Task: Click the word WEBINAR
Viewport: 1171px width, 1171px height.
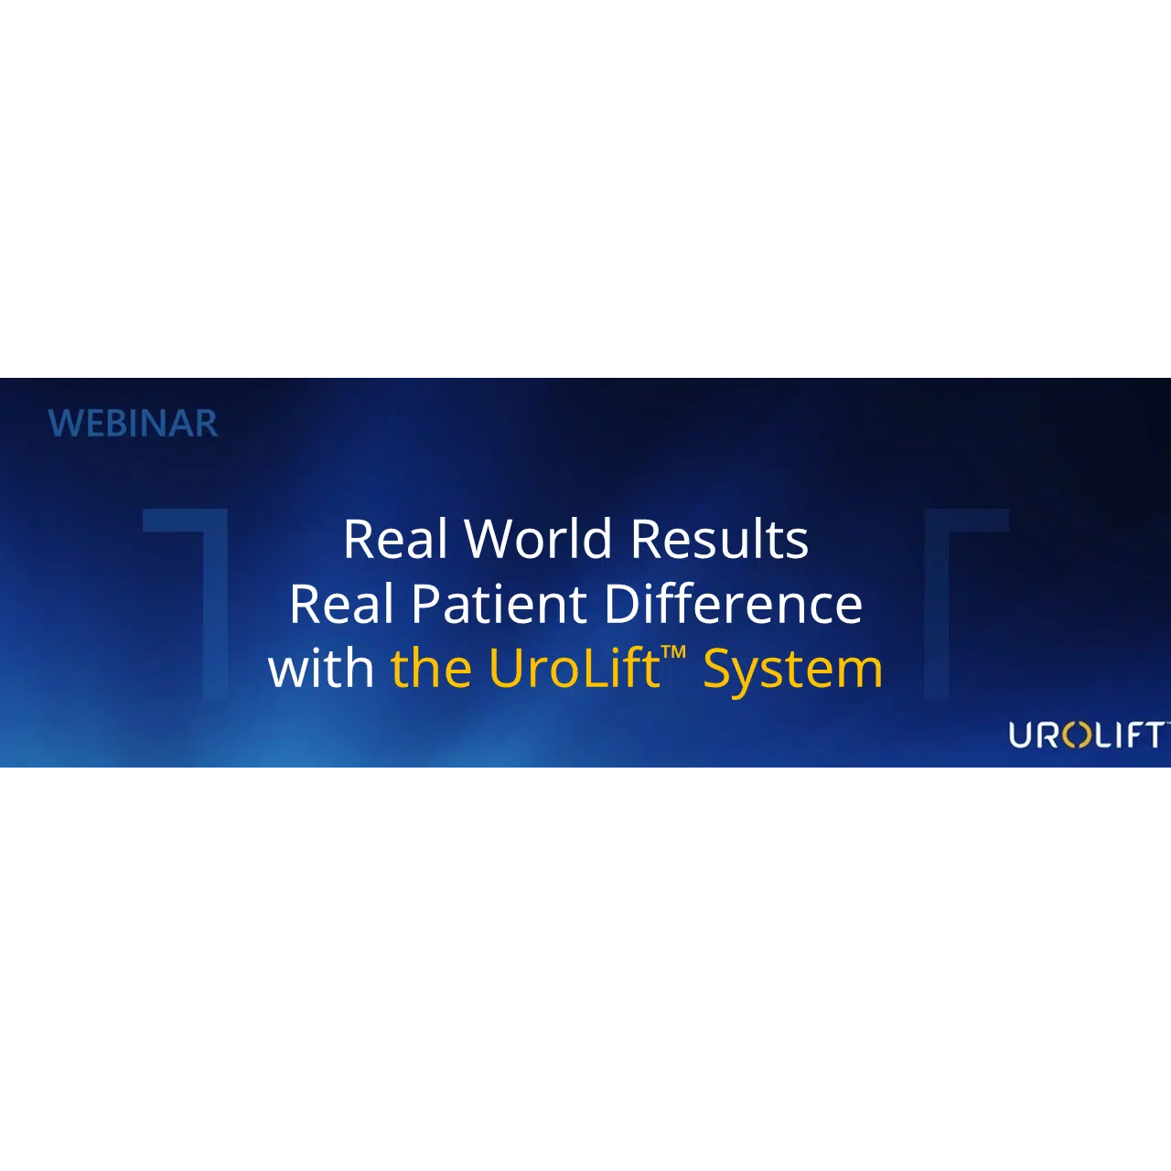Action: tap(133, 424)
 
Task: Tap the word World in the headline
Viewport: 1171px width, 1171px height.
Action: tap(538, 539)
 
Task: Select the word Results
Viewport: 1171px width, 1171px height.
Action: tap(719, 539)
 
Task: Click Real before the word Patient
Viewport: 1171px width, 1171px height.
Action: tap(341, 604)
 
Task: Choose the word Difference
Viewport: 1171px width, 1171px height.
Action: tap(734, 604)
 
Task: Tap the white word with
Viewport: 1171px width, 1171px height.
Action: tap(321, 668)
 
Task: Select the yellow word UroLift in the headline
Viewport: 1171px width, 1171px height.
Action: tap(575, 668)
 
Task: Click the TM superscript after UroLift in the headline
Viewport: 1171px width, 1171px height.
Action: tap(674, 652)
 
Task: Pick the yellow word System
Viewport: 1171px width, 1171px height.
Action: tap(792, 671)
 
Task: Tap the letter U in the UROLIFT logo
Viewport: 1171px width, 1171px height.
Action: tap(1021, 736)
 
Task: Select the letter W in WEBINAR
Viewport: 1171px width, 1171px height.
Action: tap(62, 424)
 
